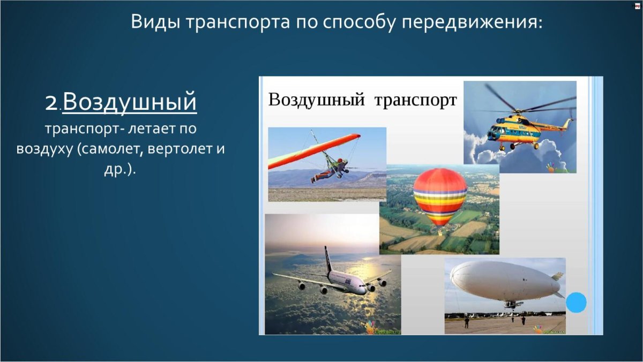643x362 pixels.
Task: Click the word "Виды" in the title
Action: click(x=155, y=22)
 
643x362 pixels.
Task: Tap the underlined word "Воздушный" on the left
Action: click(x=130, y=102)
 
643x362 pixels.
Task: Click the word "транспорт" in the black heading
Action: click(x=416, y=100)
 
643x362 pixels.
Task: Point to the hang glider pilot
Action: click(x=330, y=171)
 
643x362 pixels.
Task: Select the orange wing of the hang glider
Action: click(x=314, y=151)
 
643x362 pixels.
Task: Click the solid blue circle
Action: click(x=576, y=303)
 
